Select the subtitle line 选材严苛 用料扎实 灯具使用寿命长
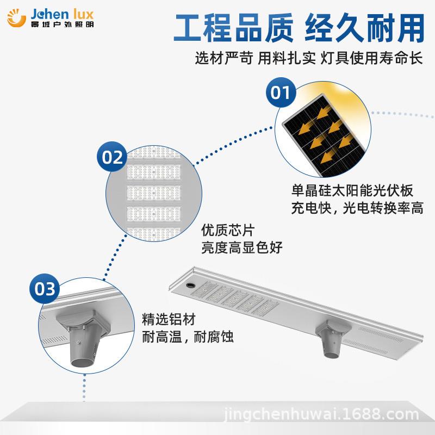[308, 58]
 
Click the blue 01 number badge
[281, 93]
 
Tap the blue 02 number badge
[113, 158]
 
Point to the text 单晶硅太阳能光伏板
[352, 191]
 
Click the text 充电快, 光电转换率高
[356, 208]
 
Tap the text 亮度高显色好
[242, 248]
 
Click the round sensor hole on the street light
[190, 284]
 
